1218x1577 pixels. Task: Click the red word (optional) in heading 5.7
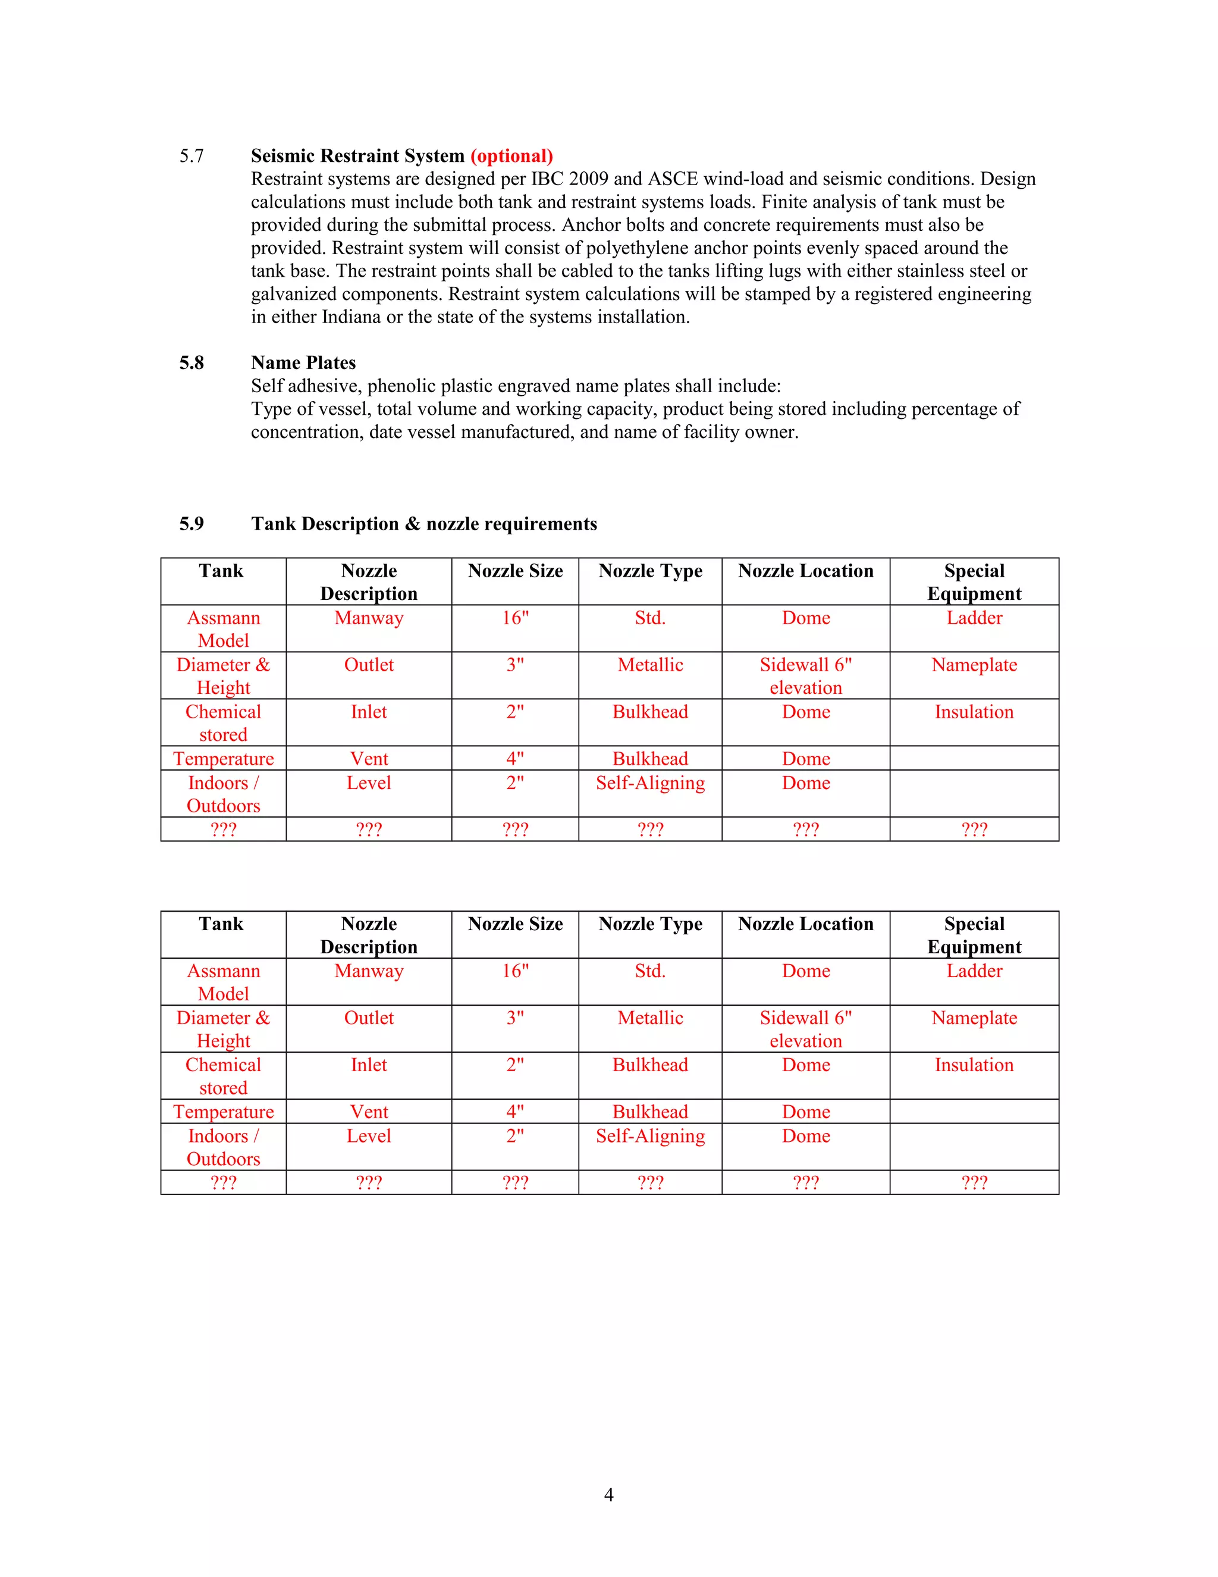(511, 156)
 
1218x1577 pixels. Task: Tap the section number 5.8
(192, 362)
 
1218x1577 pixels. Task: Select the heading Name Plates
(303, 362)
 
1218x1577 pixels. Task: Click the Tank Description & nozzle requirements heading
(423, 524)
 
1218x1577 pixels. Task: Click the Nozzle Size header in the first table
(515, 571)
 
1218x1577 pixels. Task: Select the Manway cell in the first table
(369, 618)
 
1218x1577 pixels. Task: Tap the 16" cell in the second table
(515, 971)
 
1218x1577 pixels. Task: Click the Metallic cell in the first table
(650, 665)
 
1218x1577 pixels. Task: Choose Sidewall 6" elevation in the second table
(805, 1029)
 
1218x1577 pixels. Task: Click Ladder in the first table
(974, 618)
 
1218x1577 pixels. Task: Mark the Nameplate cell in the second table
(974, 1018)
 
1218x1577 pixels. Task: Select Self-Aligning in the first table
(650, 784)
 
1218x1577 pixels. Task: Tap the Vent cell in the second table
(369, 1112)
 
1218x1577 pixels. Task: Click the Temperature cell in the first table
(223, 759)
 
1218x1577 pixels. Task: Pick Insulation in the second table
(974, 1065)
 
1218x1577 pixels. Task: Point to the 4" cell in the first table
(515, 759)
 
